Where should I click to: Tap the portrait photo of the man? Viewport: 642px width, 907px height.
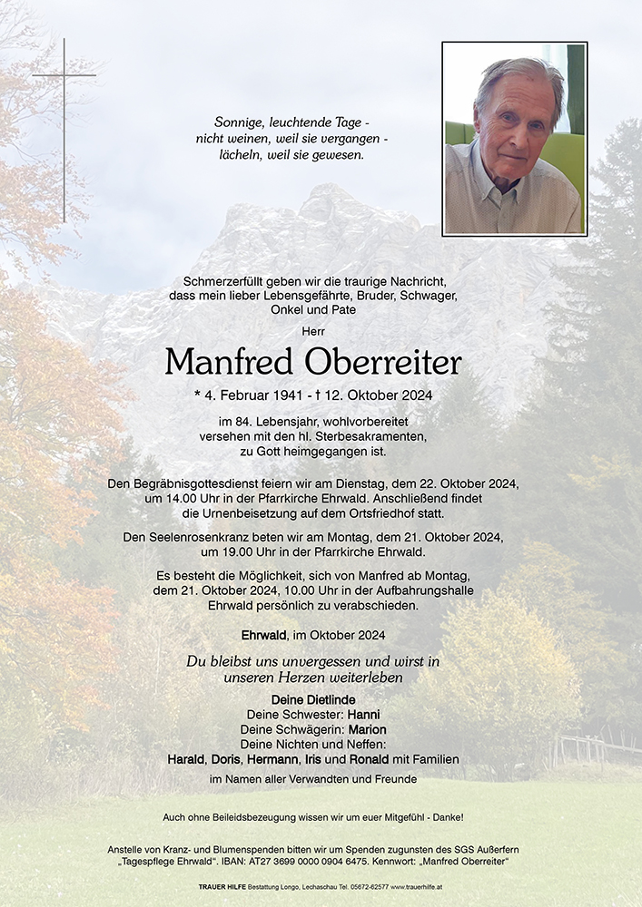514,139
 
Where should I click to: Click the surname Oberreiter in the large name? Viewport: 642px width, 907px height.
383,362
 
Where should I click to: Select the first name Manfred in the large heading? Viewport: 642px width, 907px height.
229,362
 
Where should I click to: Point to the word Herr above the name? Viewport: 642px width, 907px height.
313,330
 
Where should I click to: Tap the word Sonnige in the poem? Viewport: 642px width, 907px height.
239,122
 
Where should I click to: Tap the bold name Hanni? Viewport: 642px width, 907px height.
363,715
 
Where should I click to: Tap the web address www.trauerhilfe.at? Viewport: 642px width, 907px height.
417,886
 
